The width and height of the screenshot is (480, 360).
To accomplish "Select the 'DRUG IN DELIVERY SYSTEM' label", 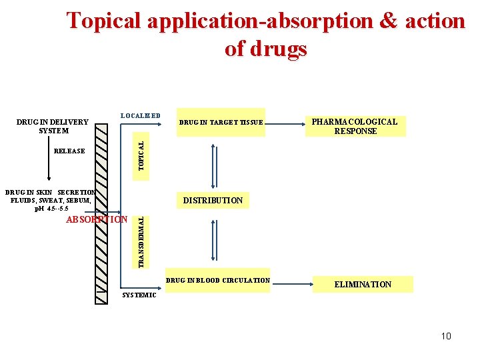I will click(52, 126).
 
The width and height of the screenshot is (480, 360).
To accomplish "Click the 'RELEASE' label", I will click(69, 151).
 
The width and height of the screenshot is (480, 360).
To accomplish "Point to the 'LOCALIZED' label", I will click(140, 115).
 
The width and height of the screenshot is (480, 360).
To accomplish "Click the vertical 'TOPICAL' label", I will click(140, 151).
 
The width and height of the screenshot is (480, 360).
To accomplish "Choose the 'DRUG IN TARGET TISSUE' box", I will click(221, 122).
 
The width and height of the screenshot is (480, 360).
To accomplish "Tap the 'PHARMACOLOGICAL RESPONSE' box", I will click(355, 126).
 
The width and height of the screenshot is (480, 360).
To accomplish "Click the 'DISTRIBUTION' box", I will click(213, 200).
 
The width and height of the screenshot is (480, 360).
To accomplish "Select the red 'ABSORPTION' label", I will click(97, 219).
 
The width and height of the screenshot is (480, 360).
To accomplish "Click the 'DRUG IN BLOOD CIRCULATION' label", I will click(218, 280).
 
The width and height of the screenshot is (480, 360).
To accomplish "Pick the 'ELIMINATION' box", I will click(363, 285).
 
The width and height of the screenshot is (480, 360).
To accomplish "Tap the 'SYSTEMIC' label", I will click(139, 295).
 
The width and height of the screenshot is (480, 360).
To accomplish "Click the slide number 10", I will click(445, 336).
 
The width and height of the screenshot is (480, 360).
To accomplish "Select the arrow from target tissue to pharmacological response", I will click(285, 123).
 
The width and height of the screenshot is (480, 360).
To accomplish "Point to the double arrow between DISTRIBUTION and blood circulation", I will click(213, 238).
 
